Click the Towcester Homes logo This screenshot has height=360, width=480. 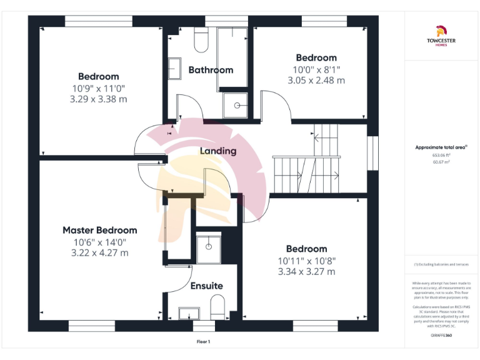[442, 37]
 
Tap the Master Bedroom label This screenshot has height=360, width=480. [100, 230]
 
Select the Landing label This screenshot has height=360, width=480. [218, 151]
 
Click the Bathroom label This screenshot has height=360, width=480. [211, 70]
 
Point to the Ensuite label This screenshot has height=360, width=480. [206, 286]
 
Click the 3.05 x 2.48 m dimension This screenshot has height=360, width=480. [316, 80]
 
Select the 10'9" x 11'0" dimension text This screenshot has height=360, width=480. [99, 88]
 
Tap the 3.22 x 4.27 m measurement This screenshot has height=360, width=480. [100, 252]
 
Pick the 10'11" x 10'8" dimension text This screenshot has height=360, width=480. [306, 260]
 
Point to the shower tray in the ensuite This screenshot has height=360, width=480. [206, 249]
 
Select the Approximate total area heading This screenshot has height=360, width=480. [442, 147]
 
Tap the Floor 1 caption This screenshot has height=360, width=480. [203, 342]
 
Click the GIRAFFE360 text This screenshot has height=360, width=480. [442, 336]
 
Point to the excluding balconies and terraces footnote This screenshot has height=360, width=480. [442, 264]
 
